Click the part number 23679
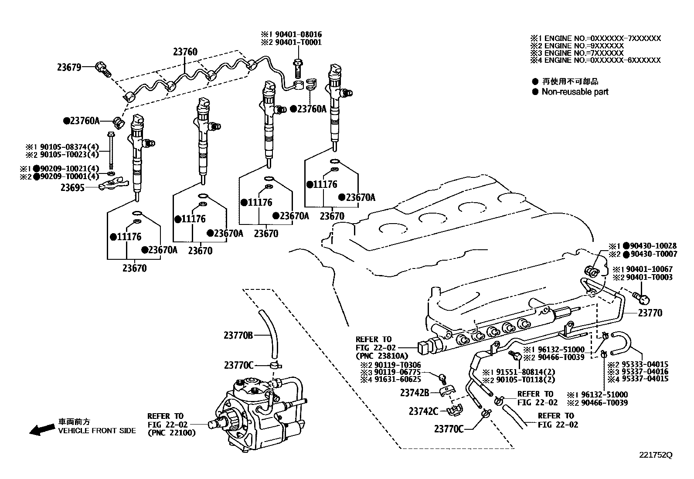click(x=68, y=68)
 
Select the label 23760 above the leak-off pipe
click(x=185, y=52)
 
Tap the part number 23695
click(x=72, y=187)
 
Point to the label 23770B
click(x=238, y=335)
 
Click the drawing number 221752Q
click(x=656, y=455)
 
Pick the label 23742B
click(x=415, y=393)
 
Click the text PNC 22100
click(x=172, y=433)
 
